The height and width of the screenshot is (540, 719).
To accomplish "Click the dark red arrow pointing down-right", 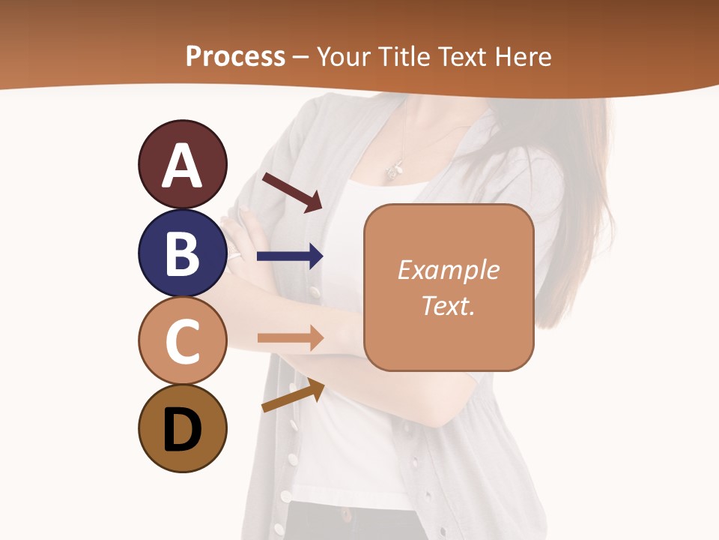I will (293, 192).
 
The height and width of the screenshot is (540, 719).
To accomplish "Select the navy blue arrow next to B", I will (290, 256).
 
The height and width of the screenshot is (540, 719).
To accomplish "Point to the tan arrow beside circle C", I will (291, 338).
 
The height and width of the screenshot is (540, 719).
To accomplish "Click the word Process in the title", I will (235, 56).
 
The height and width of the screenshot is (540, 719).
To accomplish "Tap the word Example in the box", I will (448, 270).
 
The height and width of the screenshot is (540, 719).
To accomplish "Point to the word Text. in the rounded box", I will (448, 305).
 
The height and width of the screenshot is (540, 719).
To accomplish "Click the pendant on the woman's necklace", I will (392, 171).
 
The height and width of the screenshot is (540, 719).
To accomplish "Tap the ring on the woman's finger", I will (235, 256).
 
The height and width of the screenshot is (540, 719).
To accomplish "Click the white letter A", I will (182, 166).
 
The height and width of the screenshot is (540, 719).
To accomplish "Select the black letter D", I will (182, 429).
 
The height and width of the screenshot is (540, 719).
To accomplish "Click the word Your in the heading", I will (345, 56).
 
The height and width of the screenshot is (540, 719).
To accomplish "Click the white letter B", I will (182, 253).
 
